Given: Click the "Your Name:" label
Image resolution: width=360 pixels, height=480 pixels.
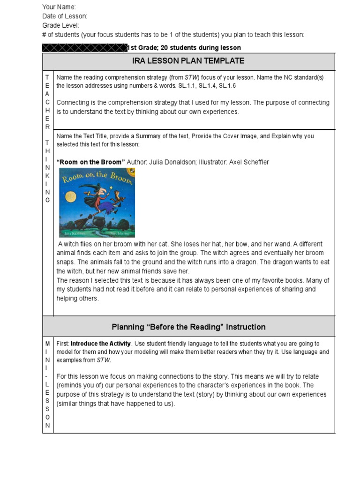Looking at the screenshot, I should tap(59, 7).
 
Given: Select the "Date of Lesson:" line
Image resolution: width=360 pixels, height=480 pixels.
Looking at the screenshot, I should tap(65, 16).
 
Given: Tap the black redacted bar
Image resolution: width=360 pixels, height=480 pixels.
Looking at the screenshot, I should tap(84, 48).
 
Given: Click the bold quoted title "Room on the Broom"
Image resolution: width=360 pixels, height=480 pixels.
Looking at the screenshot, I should tap(90, 162).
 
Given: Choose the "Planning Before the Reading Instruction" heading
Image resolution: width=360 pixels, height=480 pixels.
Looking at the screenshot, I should tap(188, 327).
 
